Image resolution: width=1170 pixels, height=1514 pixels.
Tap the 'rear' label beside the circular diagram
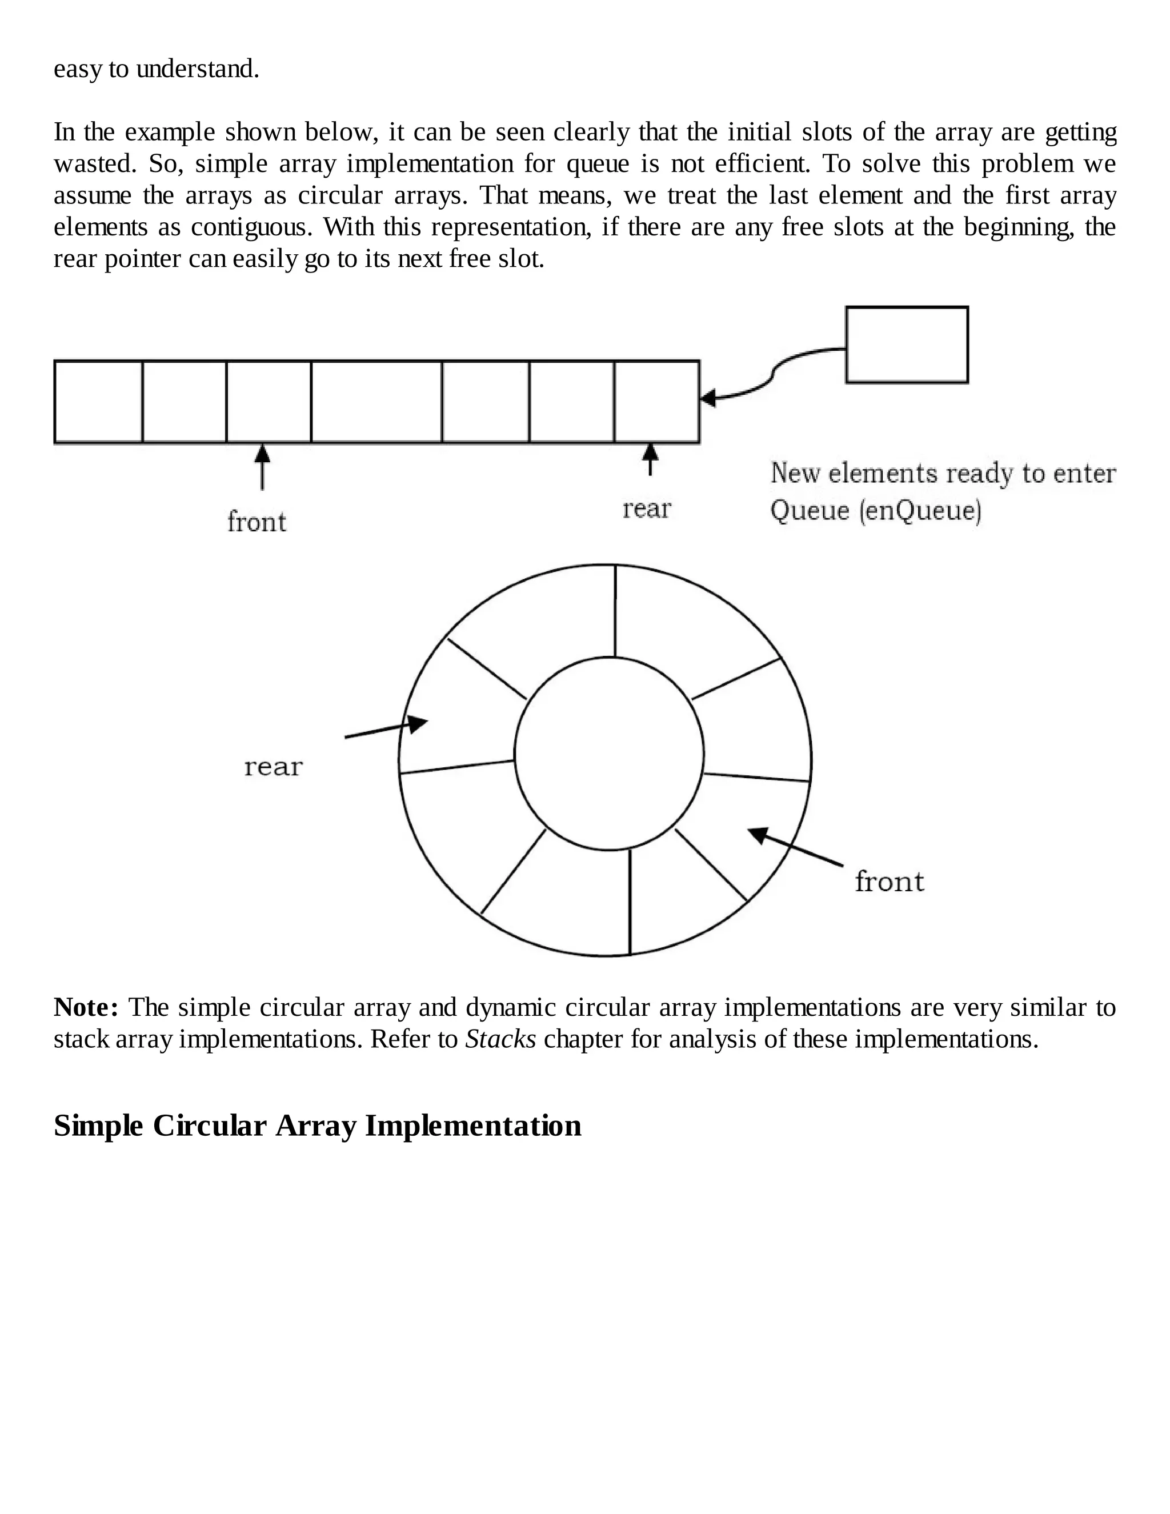pyautogui.click(x=273, y=767)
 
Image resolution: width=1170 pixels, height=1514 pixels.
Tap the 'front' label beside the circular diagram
pyautogui.click(x=889, y=882)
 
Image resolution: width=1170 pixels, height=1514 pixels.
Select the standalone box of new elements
pyautogui.click(x=907, y=345)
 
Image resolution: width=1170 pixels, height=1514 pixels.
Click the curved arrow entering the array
pyautogui.click(x=770, y=378)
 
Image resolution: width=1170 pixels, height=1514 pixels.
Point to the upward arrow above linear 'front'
pyautogui.click(x=262, y=467)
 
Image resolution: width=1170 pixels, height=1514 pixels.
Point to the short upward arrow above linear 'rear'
pyautogui.click(x=650, y=459)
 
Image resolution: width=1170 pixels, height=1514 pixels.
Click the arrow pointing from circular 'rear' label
pyautogui.click(x=386, y=728)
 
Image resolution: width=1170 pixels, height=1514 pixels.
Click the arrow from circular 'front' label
pyautogui.click(x=795, y=847)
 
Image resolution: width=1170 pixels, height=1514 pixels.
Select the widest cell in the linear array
pyautogui.click(x=376, y=402)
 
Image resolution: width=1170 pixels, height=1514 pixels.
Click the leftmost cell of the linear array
pyautogui.click(x=98, y=402)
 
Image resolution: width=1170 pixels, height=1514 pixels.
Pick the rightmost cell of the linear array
pyautogui.click(x=656, y=402)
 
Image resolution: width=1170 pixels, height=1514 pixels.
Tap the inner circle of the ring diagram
pyautogui.click(x=608, y=754)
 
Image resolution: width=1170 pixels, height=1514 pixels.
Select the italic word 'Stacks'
pyautogui.click(x=500, y=1039)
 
